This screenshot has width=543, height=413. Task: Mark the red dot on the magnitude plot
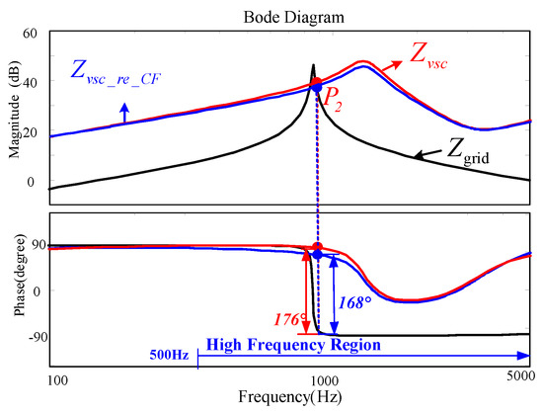coord(316,83)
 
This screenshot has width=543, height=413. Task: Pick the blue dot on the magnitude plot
coord(316,90)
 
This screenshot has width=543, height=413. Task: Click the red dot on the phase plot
coord(317,247)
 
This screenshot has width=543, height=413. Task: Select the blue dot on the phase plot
coord(317,255)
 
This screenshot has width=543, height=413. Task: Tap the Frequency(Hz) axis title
coord(293,399)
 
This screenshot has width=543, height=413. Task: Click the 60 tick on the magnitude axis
coord(29,34)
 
